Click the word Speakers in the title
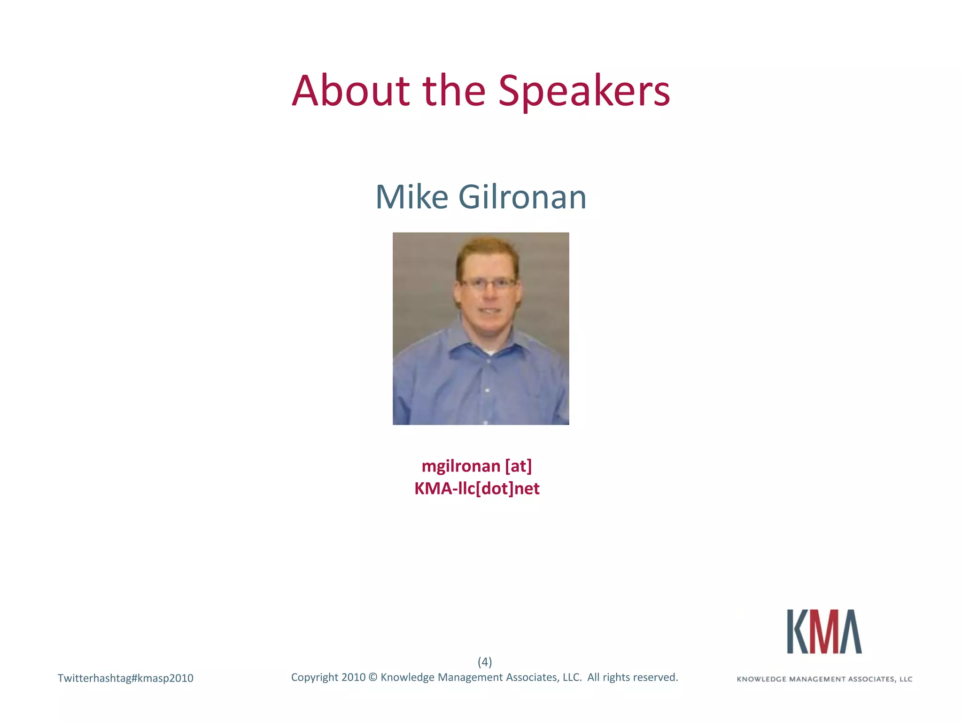584,92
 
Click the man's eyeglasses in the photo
489,283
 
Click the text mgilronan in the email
460,466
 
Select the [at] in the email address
518,466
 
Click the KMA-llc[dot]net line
476,488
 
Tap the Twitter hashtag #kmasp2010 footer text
125,678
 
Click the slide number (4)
484,662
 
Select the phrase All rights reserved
632,677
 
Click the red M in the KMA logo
824,632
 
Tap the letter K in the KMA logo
798,632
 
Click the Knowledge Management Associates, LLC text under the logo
824,679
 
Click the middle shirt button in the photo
487,390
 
